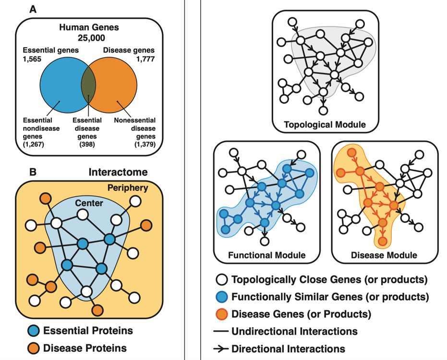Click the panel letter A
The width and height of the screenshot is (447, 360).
pos(33,9)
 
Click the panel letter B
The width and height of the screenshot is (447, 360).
pos(33,172)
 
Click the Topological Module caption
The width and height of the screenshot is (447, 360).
pos(325,124)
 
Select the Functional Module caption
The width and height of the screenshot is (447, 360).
pos(267,255)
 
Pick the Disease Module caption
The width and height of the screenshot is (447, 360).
pos(385,255)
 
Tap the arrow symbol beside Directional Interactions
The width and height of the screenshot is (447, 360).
pos(221,348)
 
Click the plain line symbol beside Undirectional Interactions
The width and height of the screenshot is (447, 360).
pos(221,332)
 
